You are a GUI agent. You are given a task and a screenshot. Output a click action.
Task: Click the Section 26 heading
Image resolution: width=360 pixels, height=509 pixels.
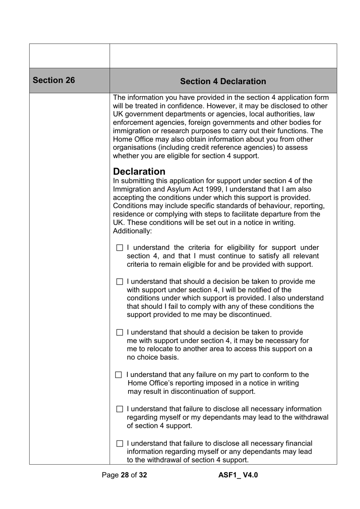click(54, 80)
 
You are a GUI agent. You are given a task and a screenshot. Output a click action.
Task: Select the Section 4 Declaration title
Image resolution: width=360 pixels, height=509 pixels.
click(223, 82)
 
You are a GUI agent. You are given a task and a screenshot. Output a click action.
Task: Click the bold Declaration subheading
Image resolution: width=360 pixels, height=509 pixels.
click(139, 171)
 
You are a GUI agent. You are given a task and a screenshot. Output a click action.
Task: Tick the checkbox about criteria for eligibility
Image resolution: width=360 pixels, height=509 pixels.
click(120, 248)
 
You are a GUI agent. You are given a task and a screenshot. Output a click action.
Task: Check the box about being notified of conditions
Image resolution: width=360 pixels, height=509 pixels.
click(120, 282)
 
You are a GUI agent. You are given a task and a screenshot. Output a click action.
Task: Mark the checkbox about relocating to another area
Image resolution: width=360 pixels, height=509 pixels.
click(120, 333)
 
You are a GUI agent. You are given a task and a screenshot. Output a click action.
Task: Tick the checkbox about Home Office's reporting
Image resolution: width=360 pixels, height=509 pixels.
click(119, 375)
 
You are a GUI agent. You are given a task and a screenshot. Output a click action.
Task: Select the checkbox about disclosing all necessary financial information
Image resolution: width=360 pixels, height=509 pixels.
click(120, 443)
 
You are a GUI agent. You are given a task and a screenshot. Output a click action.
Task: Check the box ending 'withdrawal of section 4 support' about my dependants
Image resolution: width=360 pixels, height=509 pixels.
click(120, 409)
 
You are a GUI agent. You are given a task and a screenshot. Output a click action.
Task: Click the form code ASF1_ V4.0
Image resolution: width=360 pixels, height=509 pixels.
click(238, 475)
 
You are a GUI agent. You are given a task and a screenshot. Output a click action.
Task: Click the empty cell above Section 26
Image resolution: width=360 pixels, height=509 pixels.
click(69, 56)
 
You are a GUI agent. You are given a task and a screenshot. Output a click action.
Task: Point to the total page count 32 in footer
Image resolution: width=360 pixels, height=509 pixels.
click(142, 475)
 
